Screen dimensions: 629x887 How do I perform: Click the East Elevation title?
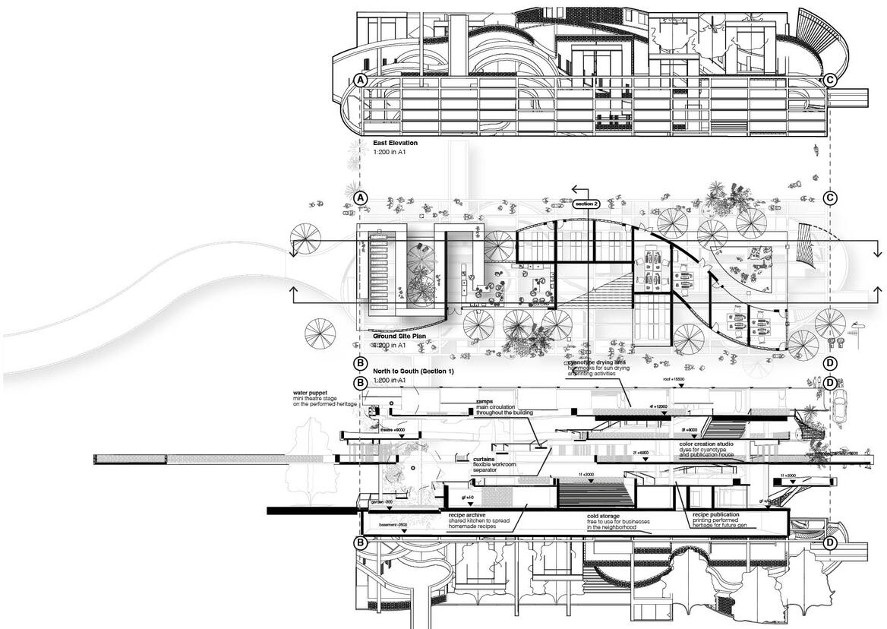click(x=395, y=143)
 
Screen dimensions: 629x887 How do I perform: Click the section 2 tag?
click(x=586, y=204)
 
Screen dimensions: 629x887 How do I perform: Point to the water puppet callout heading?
click(x=312, y=394)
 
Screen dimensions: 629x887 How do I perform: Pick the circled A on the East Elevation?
click(x=361, y=80)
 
